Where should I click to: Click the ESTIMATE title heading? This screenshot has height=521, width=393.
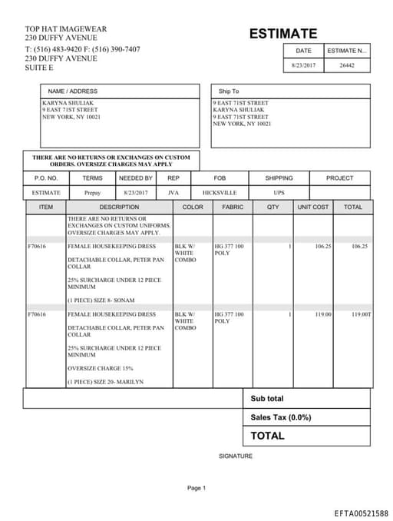point(282,34)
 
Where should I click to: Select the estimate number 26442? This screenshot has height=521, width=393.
point(347,66)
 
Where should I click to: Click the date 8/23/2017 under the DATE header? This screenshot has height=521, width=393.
point(304,66)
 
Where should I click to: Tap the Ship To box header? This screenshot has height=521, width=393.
point(229,91)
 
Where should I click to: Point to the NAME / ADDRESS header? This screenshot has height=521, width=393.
point(73,91)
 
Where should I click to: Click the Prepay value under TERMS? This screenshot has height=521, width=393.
point(92,193)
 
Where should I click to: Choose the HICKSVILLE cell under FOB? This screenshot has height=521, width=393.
point(220,193)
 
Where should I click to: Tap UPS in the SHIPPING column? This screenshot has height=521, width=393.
point(279,193)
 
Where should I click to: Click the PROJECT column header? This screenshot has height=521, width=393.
point(339,178)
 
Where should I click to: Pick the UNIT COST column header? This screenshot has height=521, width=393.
point(313,207)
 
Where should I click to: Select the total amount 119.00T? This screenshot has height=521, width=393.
point(361,314)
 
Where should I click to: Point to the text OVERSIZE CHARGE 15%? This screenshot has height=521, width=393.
point(100,368)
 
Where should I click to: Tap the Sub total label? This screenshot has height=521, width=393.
point(266,399)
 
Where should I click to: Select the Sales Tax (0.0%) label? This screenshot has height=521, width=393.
point(280,417)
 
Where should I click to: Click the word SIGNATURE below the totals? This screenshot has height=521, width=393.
point(235,456)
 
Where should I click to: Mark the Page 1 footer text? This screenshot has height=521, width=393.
point(196,488)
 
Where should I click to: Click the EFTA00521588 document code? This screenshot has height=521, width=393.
point(361,513)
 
